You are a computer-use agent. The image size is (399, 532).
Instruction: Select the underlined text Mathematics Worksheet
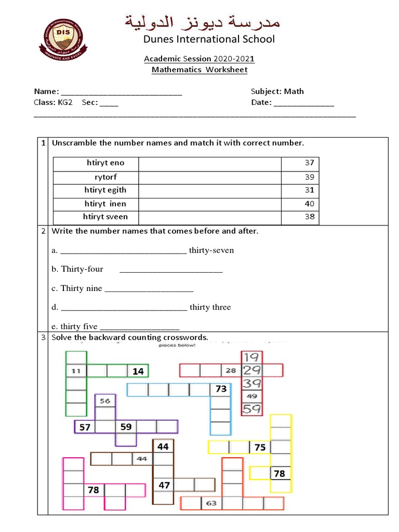pyautogui.click(x=199, y=70)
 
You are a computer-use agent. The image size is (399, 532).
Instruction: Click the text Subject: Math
pyautogui.click(x=277, y=91)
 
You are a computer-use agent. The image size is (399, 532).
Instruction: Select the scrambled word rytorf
pyautogui.click(x=105, y=177)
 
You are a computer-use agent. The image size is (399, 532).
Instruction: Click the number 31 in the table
pyautogui.click(x=310, y=190)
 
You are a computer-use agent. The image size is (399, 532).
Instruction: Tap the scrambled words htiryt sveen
pyautogui.click(x=105, y=217)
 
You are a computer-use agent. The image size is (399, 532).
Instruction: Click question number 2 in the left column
pyautogui.click(x=44, y=231)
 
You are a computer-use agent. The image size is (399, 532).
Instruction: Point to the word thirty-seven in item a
pyautogui.click(x=211, y=250)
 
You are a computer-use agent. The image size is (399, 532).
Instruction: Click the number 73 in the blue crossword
pyautogui.click(x=221, y=389)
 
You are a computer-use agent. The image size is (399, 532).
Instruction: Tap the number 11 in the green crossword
pyautogui.click(x=76, y=371)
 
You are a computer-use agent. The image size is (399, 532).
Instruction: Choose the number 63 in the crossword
pyautogui.click(x=211, y=503)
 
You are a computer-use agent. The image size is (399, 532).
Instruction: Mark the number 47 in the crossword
pyautogui.click(x=164, y=485)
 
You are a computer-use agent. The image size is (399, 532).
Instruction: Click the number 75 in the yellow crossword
pyautogui.click(x=260, y=447)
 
